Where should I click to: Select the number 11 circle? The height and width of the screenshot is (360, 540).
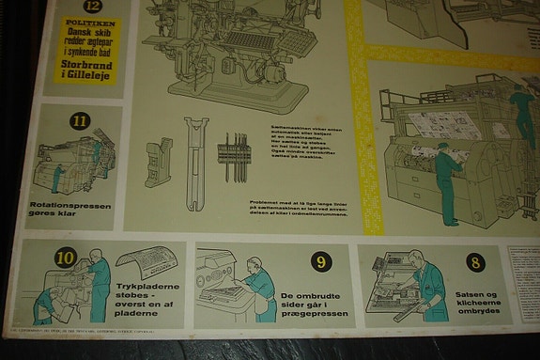click(x=80, y=120)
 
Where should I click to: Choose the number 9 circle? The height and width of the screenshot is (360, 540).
click(x=320, y=262)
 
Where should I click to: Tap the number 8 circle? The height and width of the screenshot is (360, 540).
click(x=474, y=262)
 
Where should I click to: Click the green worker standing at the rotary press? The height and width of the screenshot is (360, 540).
click(x=447, y=184)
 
